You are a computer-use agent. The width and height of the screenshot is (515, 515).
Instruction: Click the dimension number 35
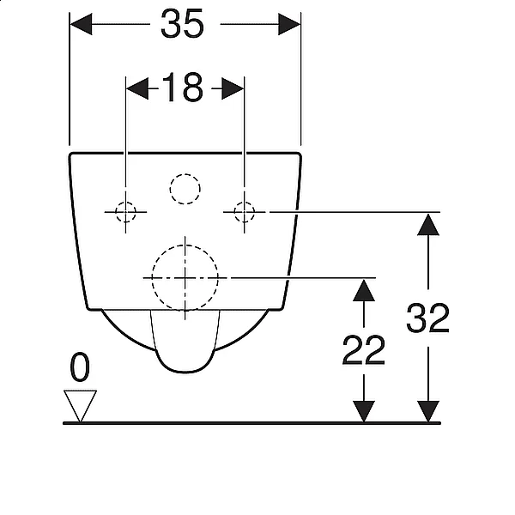[x=182, y=24]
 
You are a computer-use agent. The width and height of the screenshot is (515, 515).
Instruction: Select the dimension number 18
[x=183, y=88]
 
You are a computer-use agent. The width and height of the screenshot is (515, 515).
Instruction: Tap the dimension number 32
[x=427, y=318]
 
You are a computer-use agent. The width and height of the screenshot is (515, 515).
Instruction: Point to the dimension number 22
[x=363, y=350]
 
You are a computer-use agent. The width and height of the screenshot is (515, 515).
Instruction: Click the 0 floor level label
[x=80, y=367]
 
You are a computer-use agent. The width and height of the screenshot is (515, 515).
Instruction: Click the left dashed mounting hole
[x=125, y=212]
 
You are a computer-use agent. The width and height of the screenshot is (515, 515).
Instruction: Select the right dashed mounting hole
[x=244, y=212]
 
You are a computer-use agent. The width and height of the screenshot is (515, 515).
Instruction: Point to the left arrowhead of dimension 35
[x=82, y=24]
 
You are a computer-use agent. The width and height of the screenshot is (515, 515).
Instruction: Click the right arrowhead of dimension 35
[x=289, y=24]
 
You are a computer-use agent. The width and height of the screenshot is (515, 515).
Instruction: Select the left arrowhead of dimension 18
[x=137, y=88]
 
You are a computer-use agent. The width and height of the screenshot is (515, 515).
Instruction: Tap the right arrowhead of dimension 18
[x=233, y=88]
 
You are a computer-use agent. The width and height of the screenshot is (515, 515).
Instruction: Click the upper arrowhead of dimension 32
[x=428, y=225]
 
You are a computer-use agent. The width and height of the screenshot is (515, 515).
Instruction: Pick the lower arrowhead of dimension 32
[x=428, y=411]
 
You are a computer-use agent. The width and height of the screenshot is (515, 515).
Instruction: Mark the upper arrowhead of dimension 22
[x=364, y=290]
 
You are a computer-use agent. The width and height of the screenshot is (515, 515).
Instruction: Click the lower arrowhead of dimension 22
[x=364, y=411]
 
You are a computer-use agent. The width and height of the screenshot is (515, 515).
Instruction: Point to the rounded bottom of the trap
[x=185, y=372]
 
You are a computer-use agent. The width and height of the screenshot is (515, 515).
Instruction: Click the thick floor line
[x=251, y=423]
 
